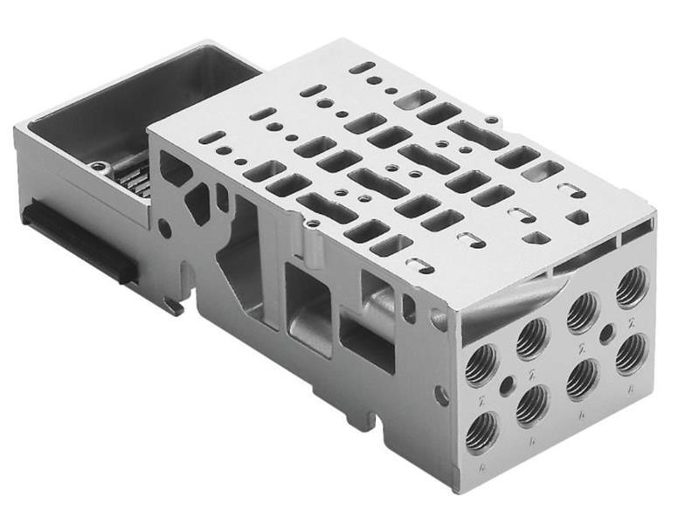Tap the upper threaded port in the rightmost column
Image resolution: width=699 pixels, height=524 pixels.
click(x=631, y=289)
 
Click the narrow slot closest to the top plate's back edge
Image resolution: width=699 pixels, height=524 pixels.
click(x=360, y=67)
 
